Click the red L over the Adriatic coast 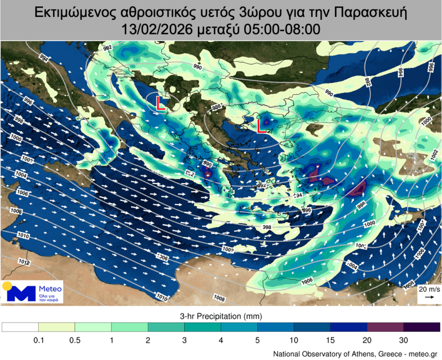160,104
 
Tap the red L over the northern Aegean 262,126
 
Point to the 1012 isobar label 24,262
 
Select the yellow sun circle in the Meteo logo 7,286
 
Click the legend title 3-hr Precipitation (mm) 221,317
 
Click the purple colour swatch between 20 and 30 385,327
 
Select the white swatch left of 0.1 20,327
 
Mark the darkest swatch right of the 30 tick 421,327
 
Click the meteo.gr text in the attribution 419,354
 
